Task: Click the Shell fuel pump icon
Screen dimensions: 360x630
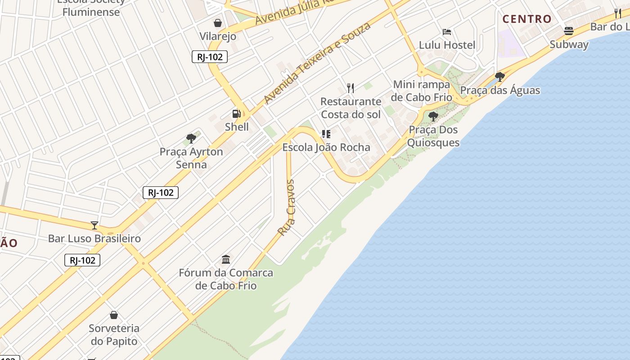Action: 236,114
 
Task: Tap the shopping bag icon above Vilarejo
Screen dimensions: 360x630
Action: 218,23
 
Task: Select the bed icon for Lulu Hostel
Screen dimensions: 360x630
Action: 447,32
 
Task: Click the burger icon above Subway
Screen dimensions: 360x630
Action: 569,31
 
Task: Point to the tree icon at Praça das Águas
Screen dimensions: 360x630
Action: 499,76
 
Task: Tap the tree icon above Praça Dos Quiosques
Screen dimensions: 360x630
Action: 433,117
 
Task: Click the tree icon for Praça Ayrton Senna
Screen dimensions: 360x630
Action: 191,139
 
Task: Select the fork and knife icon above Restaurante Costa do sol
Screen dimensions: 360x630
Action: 351,88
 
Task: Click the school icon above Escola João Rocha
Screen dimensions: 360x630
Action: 326,134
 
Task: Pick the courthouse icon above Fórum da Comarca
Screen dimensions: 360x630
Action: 226,260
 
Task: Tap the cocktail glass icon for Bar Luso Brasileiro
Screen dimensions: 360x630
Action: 94,225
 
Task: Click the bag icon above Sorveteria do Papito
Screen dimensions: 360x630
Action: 114,315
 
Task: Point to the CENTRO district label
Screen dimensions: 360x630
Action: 527,19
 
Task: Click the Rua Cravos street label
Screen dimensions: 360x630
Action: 287,207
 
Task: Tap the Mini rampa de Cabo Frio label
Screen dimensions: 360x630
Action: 421,91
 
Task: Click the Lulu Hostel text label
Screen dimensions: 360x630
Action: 447,45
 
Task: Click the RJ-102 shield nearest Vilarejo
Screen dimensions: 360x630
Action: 210,57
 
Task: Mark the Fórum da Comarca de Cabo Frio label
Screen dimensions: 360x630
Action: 226,279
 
